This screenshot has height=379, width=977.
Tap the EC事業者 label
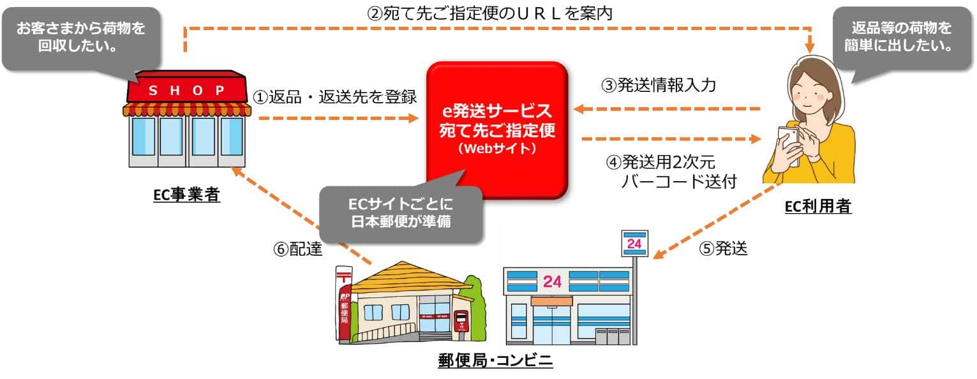click(x=187, y=195)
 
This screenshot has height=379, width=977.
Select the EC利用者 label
click(x=818, y=206)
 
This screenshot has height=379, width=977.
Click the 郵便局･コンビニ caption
click(x=495, y=360)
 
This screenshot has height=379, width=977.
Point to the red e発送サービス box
click(x=496, y=130)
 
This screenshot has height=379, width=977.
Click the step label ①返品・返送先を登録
click(x=335, y=97)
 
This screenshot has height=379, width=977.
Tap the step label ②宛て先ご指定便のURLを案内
click(x=489, y=13)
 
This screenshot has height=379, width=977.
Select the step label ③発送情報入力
click(x=659, y=85)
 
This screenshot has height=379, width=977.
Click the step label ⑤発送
click(x=724, y=249)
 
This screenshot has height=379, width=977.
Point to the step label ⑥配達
click(x=298, y=249)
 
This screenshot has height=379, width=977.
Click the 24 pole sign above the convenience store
click(x=634, y=243)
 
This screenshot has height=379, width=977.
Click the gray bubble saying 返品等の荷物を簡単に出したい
click(x=902, y=38)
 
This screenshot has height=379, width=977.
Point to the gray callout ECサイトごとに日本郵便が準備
click(x=401, y=214)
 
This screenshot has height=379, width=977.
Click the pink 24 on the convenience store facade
click(x=552, y=282)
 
